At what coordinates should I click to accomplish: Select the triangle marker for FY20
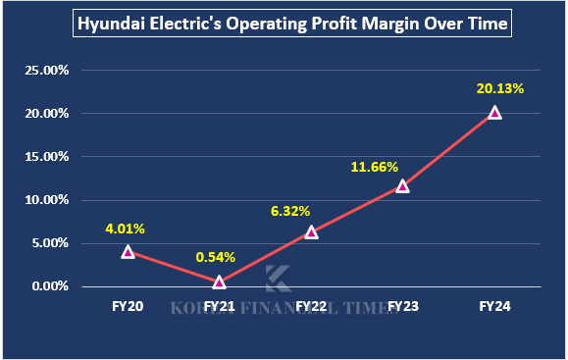tap(128, 252)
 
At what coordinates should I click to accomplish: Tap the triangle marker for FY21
tap(219, 282)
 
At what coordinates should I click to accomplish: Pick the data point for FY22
tap(311, 232)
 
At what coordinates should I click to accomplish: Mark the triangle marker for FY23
tap(402, 186)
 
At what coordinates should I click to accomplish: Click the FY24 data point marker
tap(494, 113)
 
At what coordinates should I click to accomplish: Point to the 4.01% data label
tap(126, 230)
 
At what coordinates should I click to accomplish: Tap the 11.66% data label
tap(374, 167)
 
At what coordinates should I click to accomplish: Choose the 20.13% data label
tap(500, 88)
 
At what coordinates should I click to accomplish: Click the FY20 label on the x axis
tap(128, 307)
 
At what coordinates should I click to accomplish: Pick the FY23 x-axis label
tap(402, 307)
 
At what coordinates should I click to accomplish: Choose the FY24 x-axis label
tap(494, 307)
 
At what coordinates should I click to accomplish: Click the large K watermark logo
tap(278, 278)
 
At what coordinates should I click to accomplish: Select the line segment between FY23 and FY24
tap(448, 150)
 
